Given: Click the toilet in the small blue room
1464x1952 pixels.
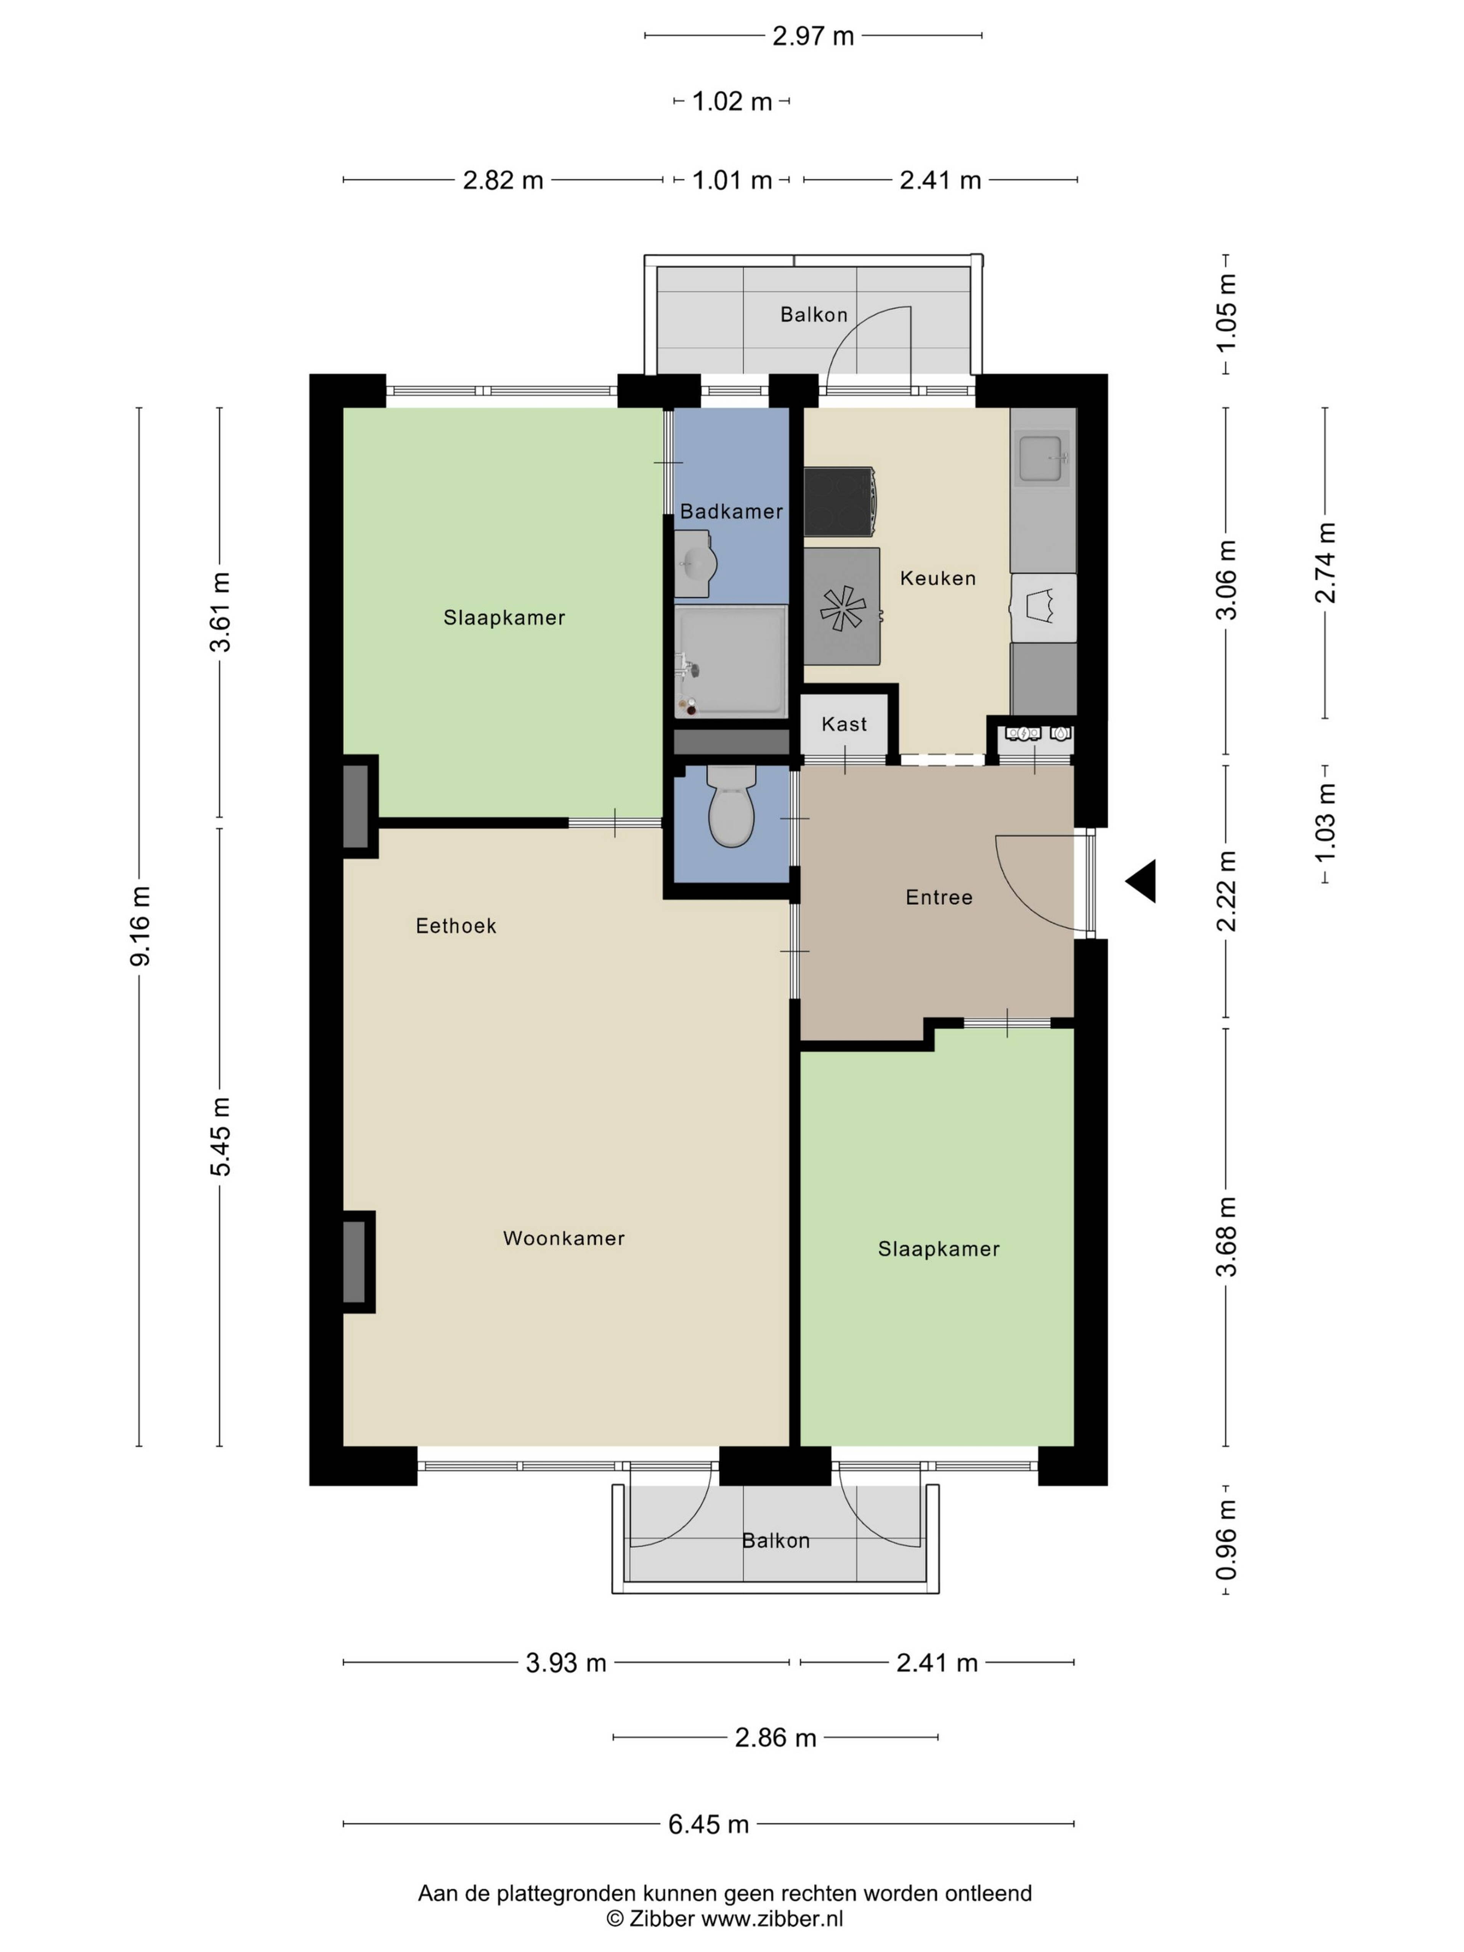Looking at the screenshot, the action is (x=732, y=806).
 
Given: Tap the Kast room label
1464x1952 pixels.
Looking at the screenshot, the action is (x=844, y=724).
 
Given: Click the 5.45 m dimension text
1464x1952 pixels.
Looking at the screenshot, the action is (x=221, y=1137).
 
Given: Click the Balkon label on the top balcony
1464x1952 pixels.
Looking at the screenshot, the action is (x=814, y=314).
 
